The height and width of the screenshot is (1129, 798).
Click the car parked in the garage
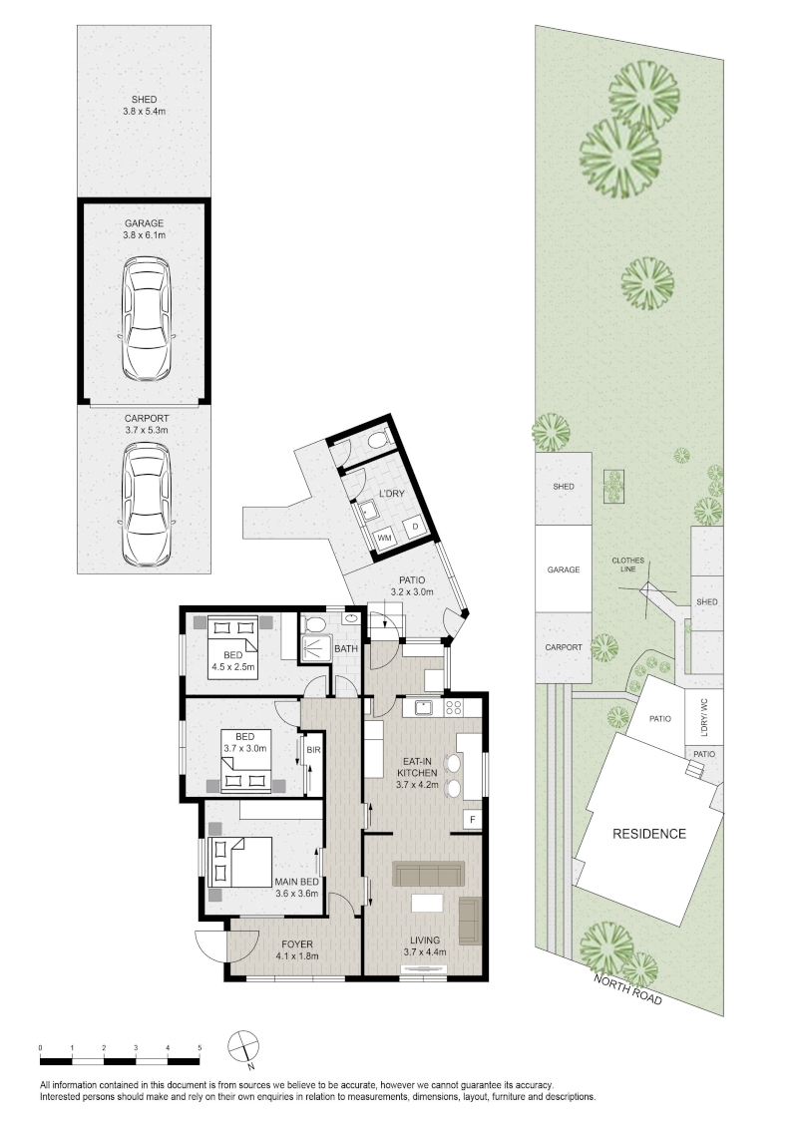147,318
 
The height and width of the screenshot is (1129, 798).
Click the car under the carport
147,504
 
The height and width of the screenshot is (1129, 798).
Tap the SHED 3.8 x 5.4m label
144,105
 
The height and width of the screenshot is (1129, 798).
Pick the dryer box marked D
415,528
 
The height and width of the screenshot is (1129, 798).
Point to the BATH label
346,648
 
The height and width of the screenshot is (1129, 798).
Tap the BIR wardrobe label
313,750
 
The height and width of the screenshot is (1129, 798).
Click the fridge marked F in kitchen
473,820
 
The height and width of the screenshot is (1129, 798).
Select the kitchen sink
424,707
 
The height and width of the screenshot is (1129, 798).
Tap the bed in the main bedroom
239,862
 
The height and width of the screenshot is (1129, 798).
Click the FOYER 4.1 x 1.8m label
296,949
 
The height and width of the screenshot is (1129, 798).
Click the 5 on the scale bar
199,1047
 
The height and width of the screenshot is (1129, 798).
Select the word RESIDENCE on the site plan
649,834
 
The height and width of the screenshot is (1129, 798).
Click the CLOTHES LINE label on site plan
628,564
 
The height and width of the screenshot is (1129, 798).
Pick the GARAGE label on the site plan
564,569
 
